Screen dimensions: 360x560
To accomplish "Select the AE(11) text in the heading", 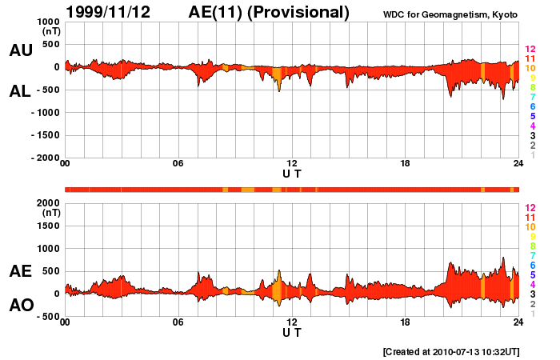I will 218,12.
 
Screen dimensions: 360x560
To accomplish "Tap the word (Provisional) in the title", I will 299,12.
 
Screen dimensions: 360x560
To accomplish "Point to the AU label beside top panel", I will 21,50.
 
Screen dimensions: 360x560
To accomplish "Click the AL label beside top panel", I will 21,91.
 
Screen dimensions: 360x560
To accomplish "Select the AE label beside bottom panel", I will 21,271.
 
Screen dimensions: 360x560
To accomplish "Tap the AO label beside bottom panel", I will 21,306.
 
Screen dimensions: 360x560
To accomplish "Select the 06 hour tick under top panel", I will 178,164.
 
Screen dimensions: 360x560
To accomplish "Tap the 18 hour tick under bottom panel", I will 405,322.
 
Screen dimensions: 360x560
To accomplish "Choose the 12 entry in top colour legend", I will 530,50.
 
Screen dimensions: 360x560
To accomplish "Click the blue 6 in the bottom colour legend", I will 531,265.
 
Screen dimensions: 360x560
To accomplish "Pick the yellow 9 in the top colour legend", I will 531,78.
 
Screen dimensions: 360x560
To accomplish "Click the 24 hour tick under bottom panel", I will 518,322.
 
